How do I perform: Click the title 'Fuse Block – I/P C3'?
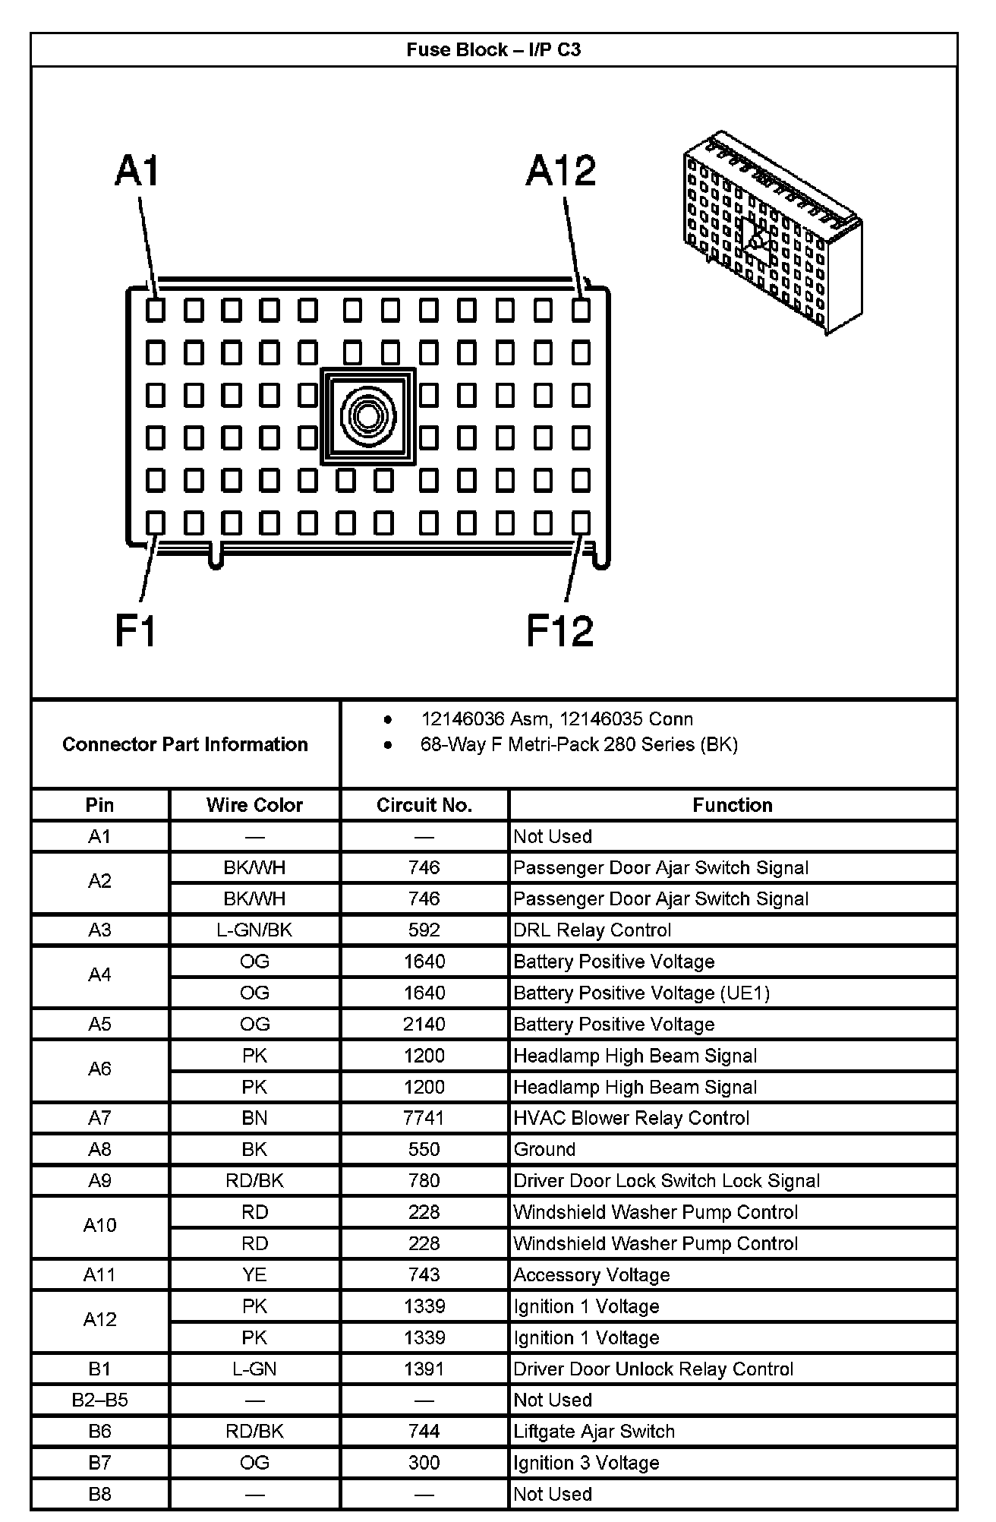coord(493,50)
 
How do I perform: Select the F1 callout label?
coord(136,630)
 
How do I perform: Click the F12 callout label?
coord(559,630)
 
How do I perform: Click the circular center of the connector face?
coord(368,416)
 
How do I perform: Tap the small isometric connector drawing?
coord(772,231)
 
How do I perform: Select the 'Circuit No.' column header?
coord(424,805)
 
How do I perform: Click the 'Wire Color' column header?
coord(254,805)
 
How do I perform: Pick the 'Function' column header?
coord(732,805)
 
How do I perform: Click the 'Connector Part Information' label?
coord(185,744)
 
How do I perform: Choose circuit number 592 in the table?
coord(424,930)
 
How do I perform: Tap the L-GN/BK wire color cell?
coord(254,930)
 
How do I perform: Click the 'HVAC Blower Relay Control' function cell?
coord(631,1118)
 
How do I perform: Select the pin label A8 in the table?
coord(99,1149)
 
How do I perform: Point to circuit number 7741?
coord(424,1118)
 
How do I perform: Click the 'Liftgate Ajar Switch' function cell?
coord(594,1432)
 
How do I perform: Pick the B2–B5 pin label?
coord(99,1400)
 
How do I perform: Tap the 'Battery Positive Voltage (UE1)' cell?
coord(641,993)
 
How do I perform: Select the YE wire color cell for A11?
coord(254,1274)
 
